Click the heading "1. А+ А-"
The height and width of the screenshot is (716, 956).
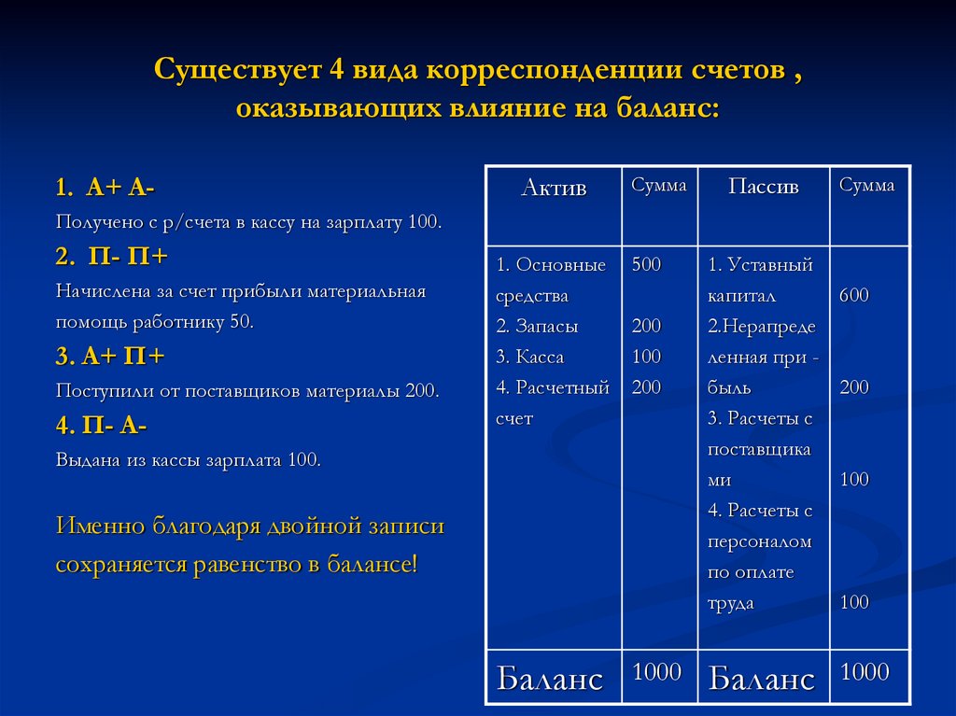105,188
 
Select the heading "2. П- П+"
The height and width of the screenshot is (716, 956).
112,256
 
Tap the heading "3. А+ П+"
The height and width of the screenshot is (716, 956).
110,356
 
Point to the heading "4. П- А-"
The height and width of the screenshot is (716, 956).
101,425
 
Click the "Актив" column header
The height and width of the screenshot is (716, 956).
554,188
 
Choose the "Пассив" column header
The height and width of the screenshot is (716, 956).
764,186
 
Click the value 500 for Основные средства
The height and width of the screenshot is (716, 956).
646,264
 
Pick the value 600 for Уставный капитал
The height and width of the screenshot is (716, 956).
853,295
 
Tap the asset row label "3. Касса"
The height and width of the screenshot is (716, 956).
530,357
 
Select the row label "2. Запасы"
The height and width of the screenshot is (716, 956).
537,326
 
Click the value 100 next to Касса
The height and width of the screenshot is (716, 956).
646,357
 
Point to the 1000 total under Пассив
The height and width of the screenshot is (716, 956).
865,671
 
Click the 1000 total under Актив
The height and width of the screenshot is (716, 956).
656,671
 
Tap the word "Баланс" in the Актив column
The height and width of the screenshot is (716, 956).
549,678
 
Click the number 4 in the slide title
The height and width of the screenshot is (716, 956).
336,69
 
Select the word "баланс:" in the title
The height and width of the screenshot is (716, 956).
668,108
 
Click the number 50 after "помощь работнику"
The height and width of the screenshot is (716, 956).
241,321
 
